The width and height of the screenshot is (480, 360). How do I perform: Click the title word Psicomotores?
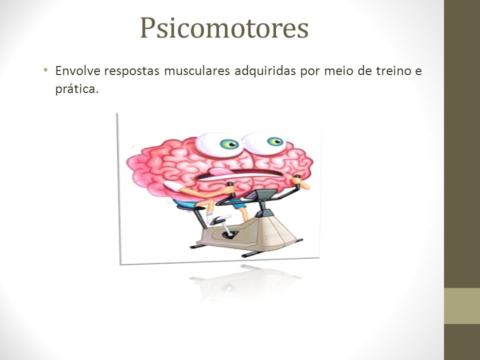click(x=224, y=28)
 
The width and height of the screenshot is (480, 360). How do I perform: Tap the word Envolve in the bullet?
click(x=78, y=70)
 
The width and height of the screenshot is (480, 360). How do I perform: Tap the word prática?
click(x=77, y=89)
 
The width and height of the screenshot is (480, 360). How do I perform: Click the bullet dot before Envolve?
click(x=45, y=70)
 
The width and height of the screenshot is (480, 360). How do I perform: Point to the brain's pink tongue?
click(x=221, y=171)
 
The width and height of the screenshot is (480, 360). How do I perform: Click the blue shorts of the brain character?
click(x=237, y=203)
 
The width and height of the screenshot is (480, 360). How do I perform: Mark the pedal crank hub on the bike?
click(x=228, y=234)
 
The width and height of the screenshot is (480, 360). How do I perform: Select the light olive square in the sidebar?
click(x=462, y=306)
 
